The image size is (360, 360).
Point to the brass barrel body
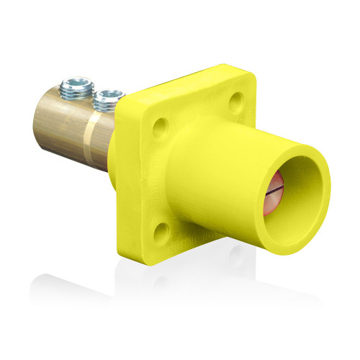tap(68, 126)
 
